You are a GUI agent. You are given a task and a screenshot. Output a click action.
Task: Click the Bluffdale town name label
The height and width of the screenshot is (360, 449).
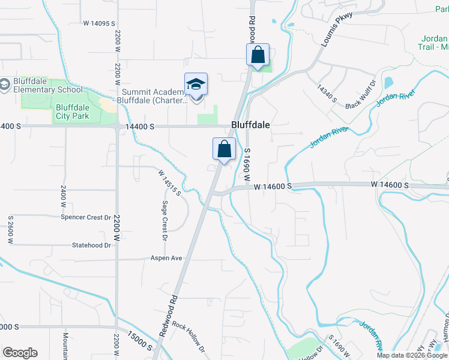coord(250,125)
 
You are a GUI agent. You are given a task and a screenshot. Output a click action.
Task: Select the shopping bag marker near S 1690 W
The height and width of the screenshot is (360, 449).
coord(224,149)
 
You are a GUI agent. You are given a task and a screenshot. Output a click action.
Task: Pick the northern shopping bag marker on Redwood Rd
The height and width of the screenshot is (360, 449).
coord(258,55)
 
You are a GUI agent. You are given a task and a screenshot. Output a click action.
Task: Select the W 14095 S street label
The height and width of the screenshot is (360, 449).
coord(99,23)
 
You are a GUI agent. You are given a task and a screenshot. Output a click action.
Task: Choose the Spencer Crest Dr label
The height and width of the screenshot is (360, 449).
coord(86,217)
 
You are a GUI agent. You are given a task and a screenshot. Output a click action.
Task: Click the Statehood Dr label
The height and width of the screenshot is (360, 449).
coord(92,245)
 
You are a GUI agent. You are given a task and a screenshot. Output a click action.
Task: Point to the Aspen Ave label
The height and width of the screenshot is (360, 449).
coord(166,259)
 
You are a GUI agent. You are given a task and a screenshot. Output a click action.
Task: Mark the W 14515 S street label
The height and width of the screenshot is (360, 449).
coord(170,182)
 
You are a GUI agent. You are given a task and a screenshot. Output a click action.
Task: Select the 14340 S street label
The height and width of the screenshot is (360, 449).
coord(328,93)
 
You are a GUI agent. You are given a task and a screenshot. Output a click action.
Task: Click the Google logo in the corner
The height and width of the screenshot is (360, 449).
coord(20,353)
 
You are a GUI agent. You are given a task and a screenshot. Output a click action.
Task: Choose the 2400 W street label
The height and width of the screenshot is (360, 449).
coord(63,197)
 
